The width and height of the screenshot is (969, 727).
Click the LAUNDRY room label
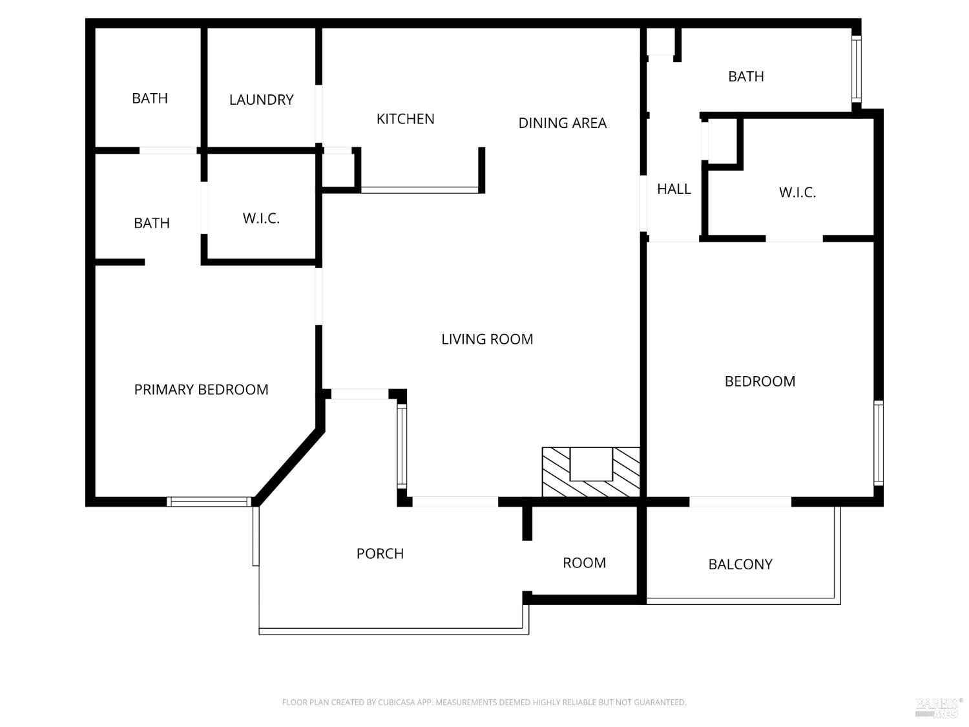pos(261,100)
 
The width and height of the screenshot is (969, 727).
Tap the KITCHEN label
pos(405,119)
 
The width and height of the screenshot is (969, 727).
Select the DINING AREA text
pos(562,123)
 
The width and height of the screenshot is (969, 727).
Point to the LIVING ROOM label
pos(487,339)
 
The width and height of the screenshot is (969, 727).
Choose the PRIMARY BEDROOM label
pos(201,390)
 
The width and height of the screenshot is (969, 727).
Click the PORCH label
pos(380,554)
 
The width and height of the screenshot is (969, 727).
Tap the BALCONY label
pos(740,564)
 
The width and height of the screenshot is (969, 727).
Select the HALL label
pos(674,189)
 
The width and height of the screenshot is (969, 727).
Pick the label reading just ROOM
pos(584,563)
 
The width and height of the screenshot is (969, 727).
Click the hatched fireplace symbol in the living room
pos(590,472)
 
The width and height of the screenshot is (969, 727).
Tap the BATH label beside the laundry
pos(150,98)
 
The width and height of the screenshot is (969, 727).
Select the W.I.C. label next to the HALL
pos(797,193)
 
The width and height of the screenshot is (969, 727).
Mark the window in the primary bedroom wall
pos(209,501)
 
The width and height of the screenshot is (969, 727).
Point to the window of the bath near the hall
pos(857,69)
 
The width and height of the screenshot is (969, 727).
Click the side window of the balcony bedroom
pos(879,443)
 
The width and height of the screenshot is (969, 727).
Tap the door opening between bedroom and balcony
pos(740,502)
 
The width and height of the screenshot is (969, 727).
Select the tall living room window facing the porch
pos(402,446)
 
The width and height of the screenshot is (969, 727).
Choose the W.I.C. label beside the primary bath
pos(261,218)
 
